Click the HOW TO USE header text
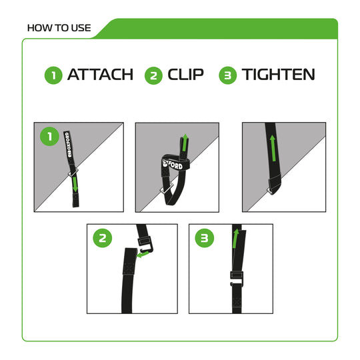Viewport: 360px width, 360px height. click(56, 29)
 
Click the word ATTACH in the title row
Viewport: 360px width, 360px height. click(100, 74)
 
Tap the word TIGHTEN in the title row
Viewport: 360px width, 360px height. click(278, 74)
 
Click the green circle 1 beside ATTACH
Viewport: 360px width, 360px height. click(53, 75)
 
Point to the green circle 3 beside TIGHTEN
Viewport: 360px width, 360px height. click(228, 75)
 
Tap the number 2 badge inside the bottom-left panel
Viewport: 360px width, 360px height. click(103, 239)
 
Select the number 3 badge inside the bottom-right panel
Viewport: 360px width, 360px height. click(204, 239)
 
